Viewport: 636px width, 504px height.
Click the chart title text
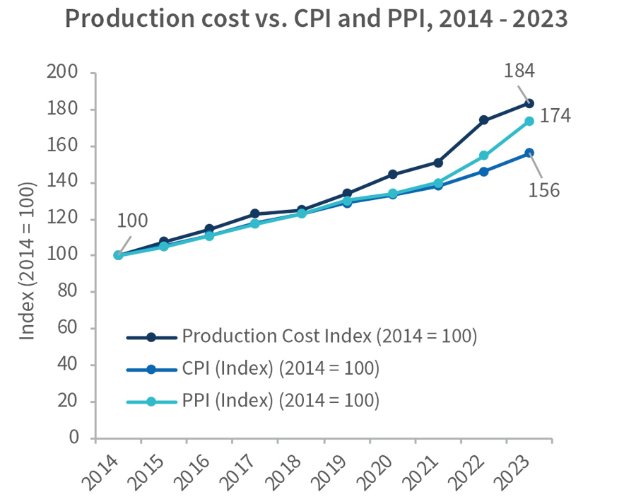(316, 20)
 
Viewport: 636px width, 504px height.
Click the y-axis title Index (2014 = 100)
(28, 261)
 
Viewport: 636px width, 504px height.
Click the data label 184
(519, 71)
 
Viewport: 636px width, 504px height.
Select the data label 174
(555, 116)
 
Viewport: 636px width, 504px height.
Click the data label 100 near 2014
(133, 221)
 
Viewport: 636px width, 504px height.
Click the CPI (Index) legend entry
(281, 369)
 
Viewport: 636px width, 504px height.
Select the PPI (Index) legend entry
(281, 401)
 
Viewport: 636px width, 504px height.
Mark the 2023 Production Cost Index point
(529, 103)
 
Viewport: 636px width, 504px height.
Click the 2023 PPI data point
(529, 121)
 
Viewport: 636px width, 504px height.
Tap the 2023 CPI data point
(529, 153)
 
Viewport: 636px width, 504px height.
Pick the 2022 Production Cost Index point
(483, 120)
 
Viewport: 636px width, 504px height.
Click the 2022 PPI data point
(483, 156)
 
